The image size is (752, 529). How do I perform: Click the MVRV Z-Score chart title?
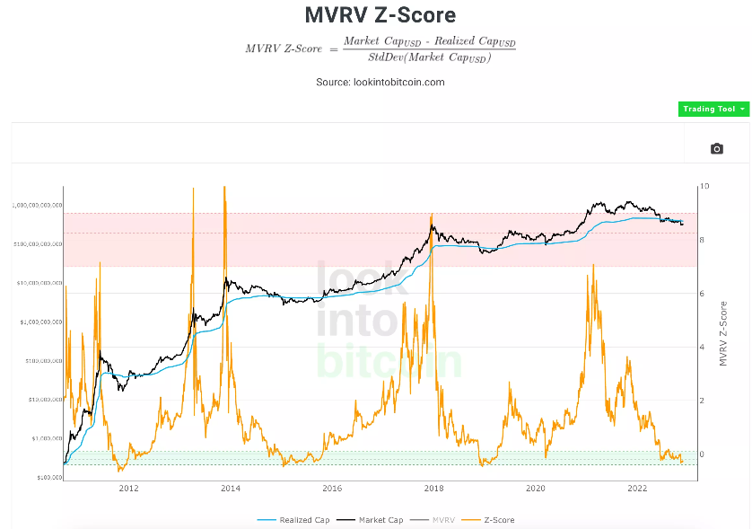[x=380, y=15]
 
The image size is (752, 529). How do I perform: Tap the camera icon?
[x=716, y=148]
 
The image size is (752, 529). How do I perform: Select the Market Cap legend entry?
[x=380, y=520]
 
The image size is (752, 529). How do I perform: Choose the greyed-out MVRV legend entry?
[x=443, y=520]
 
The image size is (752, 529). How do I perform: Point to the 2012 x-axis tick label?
[x=128, y=489]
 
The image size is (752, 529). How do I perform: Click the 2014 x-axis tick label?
[x=230, y=489]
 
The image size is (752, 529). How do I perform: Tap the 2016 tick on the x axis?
[x=332, y=489]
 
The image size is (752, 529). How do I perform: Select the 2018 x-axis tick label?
[x=433, y=489]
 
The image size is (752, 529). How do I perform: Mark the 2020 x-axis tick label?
[x=535, y=489]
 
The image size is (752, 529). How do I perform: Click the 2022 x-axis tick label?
[x=637, y=489]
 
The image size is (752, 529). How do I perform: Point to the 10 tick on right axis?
[x=704, y=186]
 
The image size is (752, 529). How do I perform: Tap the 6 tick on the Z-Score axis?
[x=703, y=294]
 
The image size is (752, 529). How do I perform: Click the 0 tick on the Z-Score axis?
[x=703, y=454]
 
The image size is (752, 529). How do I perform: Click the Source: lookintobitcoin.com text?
[x=380, y=82]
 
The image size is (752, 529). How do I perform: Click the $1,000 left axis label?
[x=48, y=438]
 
